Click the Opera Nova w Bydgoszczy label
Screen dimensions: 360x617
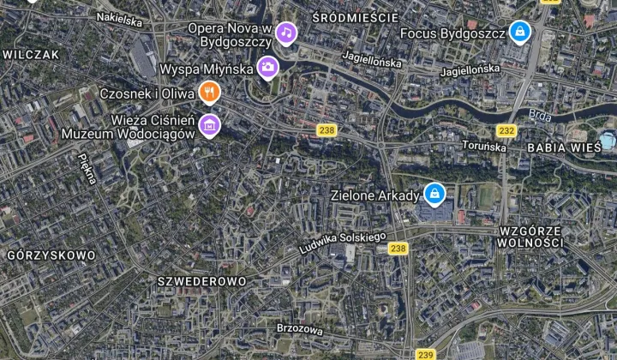click(x=230, y=34)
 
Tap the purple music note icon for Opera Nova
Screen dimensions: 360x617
click(x=285, y=33)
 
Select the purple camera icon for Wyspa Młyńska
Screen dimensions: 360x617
click(x=268, y=67)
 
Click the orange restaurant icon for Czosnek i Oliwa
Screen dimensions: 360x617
click(x=209, y=91)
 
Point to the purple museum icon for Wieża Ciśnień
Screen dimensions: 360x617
click(x=208, y=126)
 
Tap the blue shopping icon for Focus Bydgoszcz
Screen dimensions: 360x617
click(x=518, y=33)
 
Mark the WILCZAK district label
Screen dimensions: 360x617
click(x=31, y=53)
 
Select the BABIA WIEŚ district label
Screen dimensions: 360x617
click(x=564, y=147)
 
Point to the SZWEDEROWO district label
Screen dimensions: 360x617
click(x=202, y=281)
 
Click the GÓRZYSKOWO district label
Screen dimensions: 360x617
click(x=51, y=255)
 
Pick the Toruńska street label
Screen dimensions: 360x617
click(x=484, y=147)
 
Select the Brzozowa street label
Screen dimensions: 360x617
click(x=300, y=328)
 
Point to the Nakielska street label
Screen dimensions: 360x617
click(x=119, y=19)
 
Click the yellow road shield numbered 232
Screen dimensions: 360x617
click(x=506, y=130)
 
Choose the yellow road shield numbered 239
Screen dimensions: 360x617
click(x=425, y=353)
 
